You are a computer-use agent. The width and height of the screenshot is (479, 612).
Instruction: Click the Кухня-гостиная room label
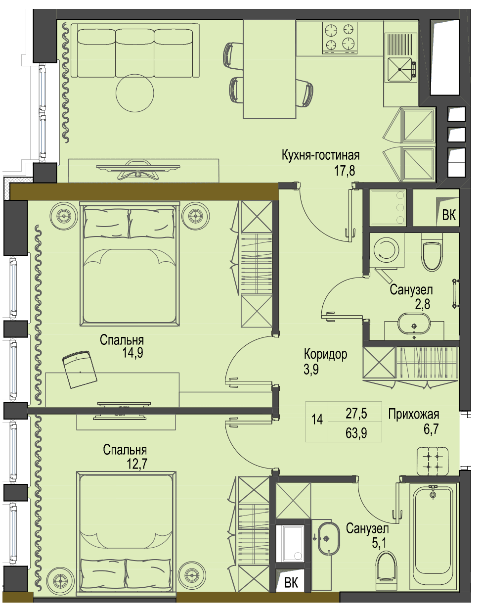click(x=321, y=156)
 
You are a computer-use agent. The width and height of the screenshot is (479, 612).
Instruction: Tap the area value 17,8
click(x=345, y=171)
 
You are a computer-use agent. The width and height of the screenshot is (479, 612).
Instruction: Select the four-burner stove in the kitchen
click(x=340, y=38)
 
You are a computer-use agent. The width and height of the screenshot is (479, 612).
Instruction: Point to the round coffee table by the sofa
click(x=135, y=93)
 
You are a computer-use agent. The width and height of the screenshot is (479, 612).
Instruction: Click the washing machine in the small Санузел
click(x=387, y=250)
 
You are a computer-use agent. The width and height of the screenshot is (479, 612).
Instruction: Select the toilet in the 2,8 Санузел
click(x=432, y=253)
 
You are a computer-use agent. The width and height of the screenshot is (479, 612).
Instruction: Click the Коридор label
click(x=325, y=354)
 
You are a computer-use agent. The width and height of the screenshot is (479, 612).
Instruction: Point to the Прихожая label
click(x=414, y=414)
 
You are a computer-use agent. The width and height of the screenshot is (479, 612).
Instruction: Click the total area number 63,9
click(x=356, y=433)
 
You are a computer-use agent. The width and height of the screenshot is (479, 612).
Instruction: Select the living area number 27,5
click(x=356, y=414)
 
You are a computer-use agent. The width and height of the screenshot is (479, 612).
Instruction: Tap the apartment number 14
click(x=317, y=420)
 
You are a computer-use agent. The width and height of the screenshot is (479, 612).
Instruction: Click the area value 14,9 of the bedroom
click(x=132, y=353)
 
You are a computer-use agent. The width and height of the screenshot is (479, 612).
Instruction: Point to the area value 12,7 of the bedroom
click(x=137, y=464)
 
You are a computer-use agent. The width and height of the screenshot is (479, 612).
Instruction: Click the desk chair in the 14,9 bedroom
click(x=79, y=369)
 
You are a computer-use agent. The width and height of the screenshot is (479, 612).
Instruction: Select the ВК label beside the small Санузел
click(x=449, y=215)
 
